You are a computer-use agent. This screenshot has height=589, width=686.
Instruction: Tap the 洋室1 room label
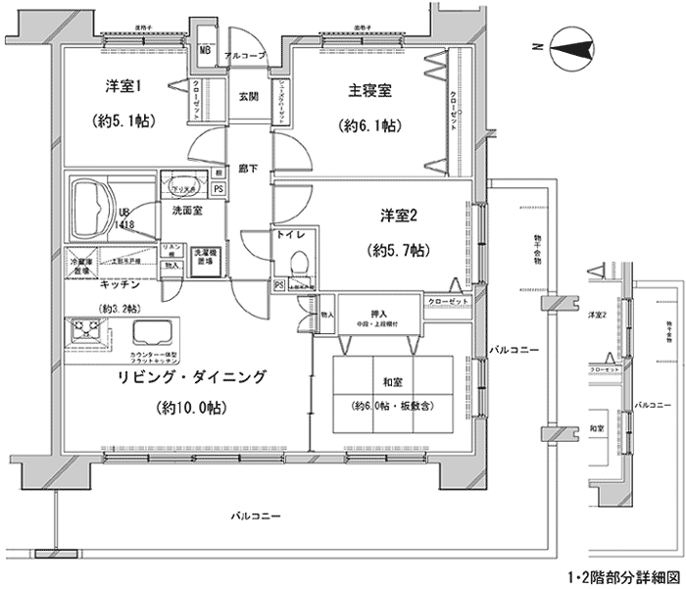125,85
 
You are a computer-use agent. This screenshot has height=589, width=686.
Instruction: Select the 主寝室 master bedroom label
370,92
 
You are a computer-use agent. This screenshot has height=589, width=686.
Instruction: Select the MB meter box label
207,50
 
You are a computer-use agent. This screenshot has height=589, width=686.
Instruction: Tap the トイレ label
299,236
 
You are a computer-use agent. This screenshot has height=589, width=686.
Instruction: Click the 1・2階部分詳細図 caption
623,578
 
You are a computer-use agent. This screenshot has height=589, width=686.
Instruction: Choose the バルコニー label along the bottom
257,515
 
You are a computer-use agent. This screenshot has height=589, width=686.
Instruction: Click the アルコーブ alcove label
245,57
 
